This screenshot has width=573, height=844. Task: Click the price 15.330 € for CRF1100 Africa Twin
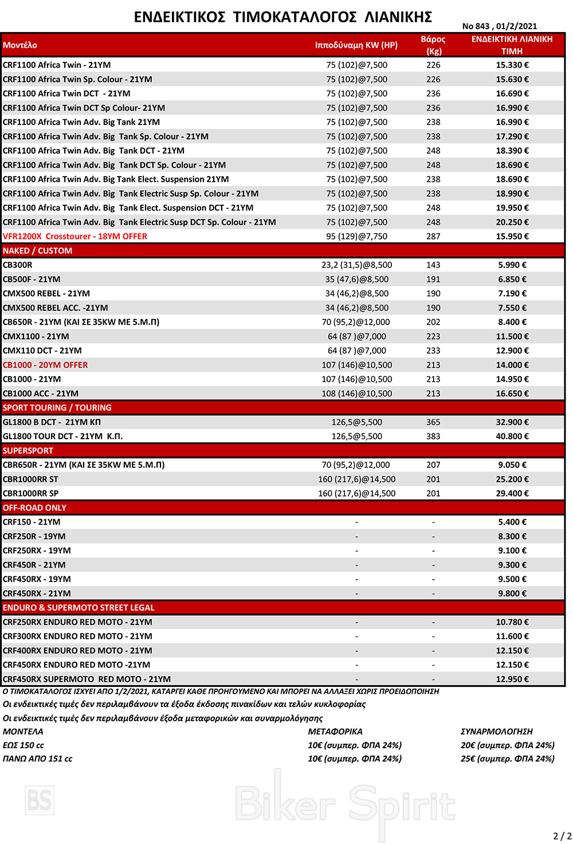coord(512,65)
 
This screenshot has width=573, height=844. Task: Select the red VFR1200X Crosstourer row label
coord(75,236)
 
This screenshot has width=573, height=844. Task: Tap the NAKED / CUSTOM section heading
coord(38,251)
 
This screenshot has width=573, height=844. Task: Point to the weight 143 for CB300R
coord(433,265)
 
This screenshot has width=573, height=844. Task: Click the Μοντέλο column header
coord(20,45)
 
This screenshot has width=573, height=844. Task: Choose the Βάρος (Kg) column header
coord(433,45)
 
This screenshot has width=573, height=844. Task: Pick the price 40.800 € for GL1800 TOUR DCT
coord(512,436)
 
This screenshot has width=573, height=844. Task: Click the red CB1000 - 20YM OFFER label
coord(45,365)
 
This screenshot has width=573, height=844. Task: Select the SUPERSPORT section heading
coord(28,451)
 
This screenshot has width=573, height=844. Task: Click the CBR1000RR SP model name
coord(31,494)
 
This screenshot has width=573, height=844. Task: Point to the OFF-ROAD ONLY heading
coord(34,508)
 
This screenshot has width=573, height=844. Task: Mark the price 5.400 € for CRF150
coord(512,522)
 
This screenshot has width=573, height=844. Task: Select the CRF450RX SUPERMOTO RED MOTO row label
coord(87,679)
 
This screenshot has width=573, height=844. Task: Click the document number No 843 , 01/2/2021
coord(499,26)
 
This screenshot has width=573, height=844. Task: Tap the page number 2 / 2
coord(562,836)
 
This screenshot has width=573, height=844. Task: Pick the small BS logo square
coord(40,800)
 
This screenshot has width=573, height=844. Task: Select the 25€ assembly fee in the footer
coord(507,759)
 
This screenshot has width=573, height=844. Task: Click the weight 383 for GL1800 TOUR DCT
coord(433,436)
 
